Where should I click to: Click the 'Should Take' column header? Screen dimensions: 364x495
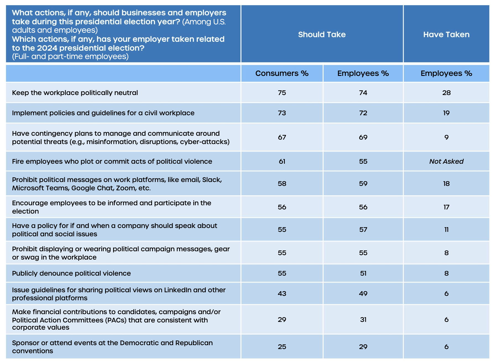pyautogui.click(x=322, y=34)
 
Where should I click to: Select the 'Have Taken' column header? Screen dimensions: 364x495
pyautogui.click(x=446, y=34)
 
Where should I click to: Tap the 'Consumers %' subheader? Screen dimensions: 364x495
pyautogui.click(x=282, y=73)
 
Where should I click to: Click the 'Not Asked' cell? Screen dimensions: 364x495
pyautogui.click(x=446, y=161)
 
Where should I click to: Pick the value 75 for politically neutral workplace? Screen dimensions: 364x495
pyautogui.click(x=282, y=93)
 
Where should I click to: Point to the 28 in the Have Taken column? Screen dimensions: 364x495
pyautogui.click(x=446, y=93)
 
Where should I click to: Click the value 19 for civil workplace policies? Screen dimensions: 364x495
pyautogui.click(x=446, y=113)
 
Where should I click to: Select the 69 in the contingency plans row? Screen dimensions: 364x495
pyautogui.click(x=363, y=137)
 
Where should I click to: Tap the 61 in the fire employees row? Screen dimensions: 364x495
pyautogui.click(x=282, y=161)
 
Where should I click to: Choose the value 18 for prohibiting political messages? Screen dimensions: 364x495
pyautogui.click(x=446, y=183)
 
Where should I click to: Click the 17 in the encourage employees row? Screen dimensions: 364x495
pyautogui.click(x=446, y=207)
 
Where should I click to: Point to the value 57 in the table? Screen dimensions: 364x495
pyautogui.click(x=363, y=229)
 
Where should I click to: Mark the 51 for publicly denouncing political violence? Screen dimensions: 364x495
pyautogui.click(x=363, y=273)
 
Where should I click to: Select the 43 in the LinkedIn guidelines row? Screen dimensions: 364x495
pyautogui.click(x=282, y=293)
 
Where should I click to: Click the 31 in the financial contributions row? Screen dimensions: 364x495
pyautogui.click(x=363, y=319)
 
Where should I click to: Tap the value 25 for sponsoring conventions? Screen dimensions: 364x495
pyautogui.click(x=282, y=347)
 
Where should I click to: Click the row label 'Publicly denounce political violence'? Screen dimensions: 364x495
pyautogui.click(x=71, y=273)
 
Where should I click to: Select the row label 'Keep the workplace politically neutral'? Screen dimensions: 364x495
pyautogui.click(x=75, y=93)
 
